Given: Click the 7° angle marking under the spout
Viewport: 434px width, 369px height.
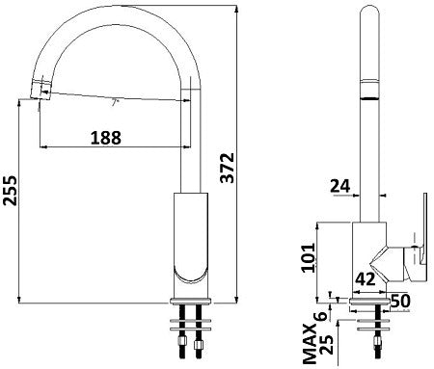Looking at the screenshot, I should tap(117, 100).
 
